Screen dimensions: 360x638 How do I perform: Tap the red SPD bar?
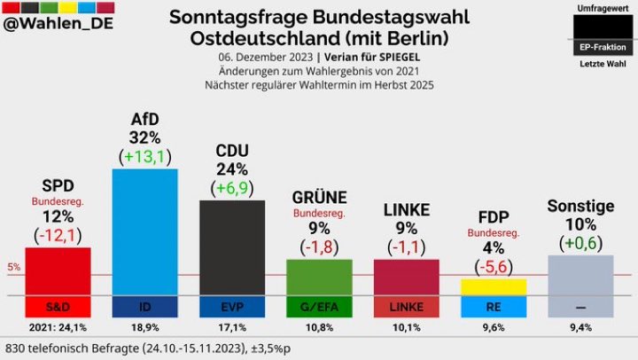58,270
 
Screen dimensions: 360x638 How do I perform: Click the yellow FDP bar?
494,286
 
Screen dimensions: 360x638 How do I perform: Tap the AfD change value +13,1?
144,157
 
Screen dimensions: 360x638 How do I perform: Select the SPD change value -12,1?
58,235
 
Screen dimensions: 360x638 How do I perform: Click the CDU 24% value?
231,168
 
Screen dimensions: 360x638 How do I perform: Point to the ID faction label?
144,307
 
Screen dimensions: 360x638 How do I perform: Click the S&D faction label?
58,307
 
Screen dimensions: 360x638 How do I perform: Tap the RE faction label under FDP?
494,307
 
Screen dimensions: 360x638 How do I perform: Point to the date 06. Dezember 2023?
263,58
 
